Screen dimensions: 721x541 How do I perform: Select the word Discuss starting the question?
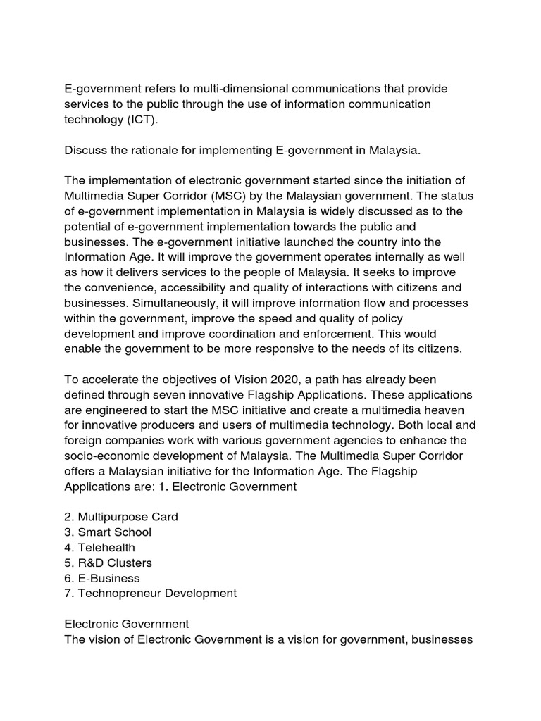88,151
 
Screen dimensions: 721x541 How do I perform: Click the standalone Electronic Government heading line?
126,625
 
